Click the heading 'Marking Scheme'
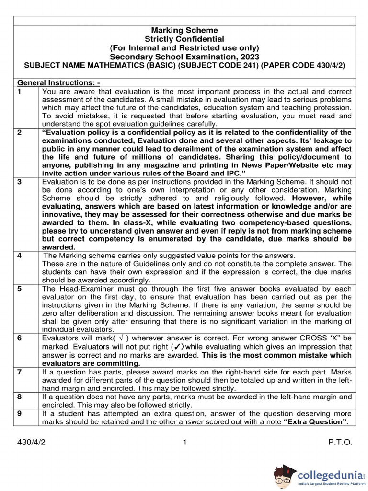coord(184,30)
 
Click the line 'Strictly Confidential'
coord(184,39)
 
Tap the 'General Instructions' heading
coord(58,82)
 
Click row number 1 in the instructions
coord(20,91)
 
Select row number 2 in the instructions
coord(20,132)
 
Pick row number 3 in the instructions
coord(20,182)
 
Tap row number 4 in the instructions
coord(20,255)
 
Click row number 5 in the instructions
coord(20,289)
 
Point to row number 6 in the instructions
coord(20,338)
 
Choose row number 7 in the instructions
coord(20,372)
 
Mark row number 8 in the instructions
coord(20,397)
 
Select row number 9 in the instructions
coord(20,413)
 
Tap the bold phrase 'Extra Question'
coord(314,421)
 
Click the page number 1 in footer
coord(184,443)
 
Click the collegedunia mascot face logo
coord(284,475)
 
